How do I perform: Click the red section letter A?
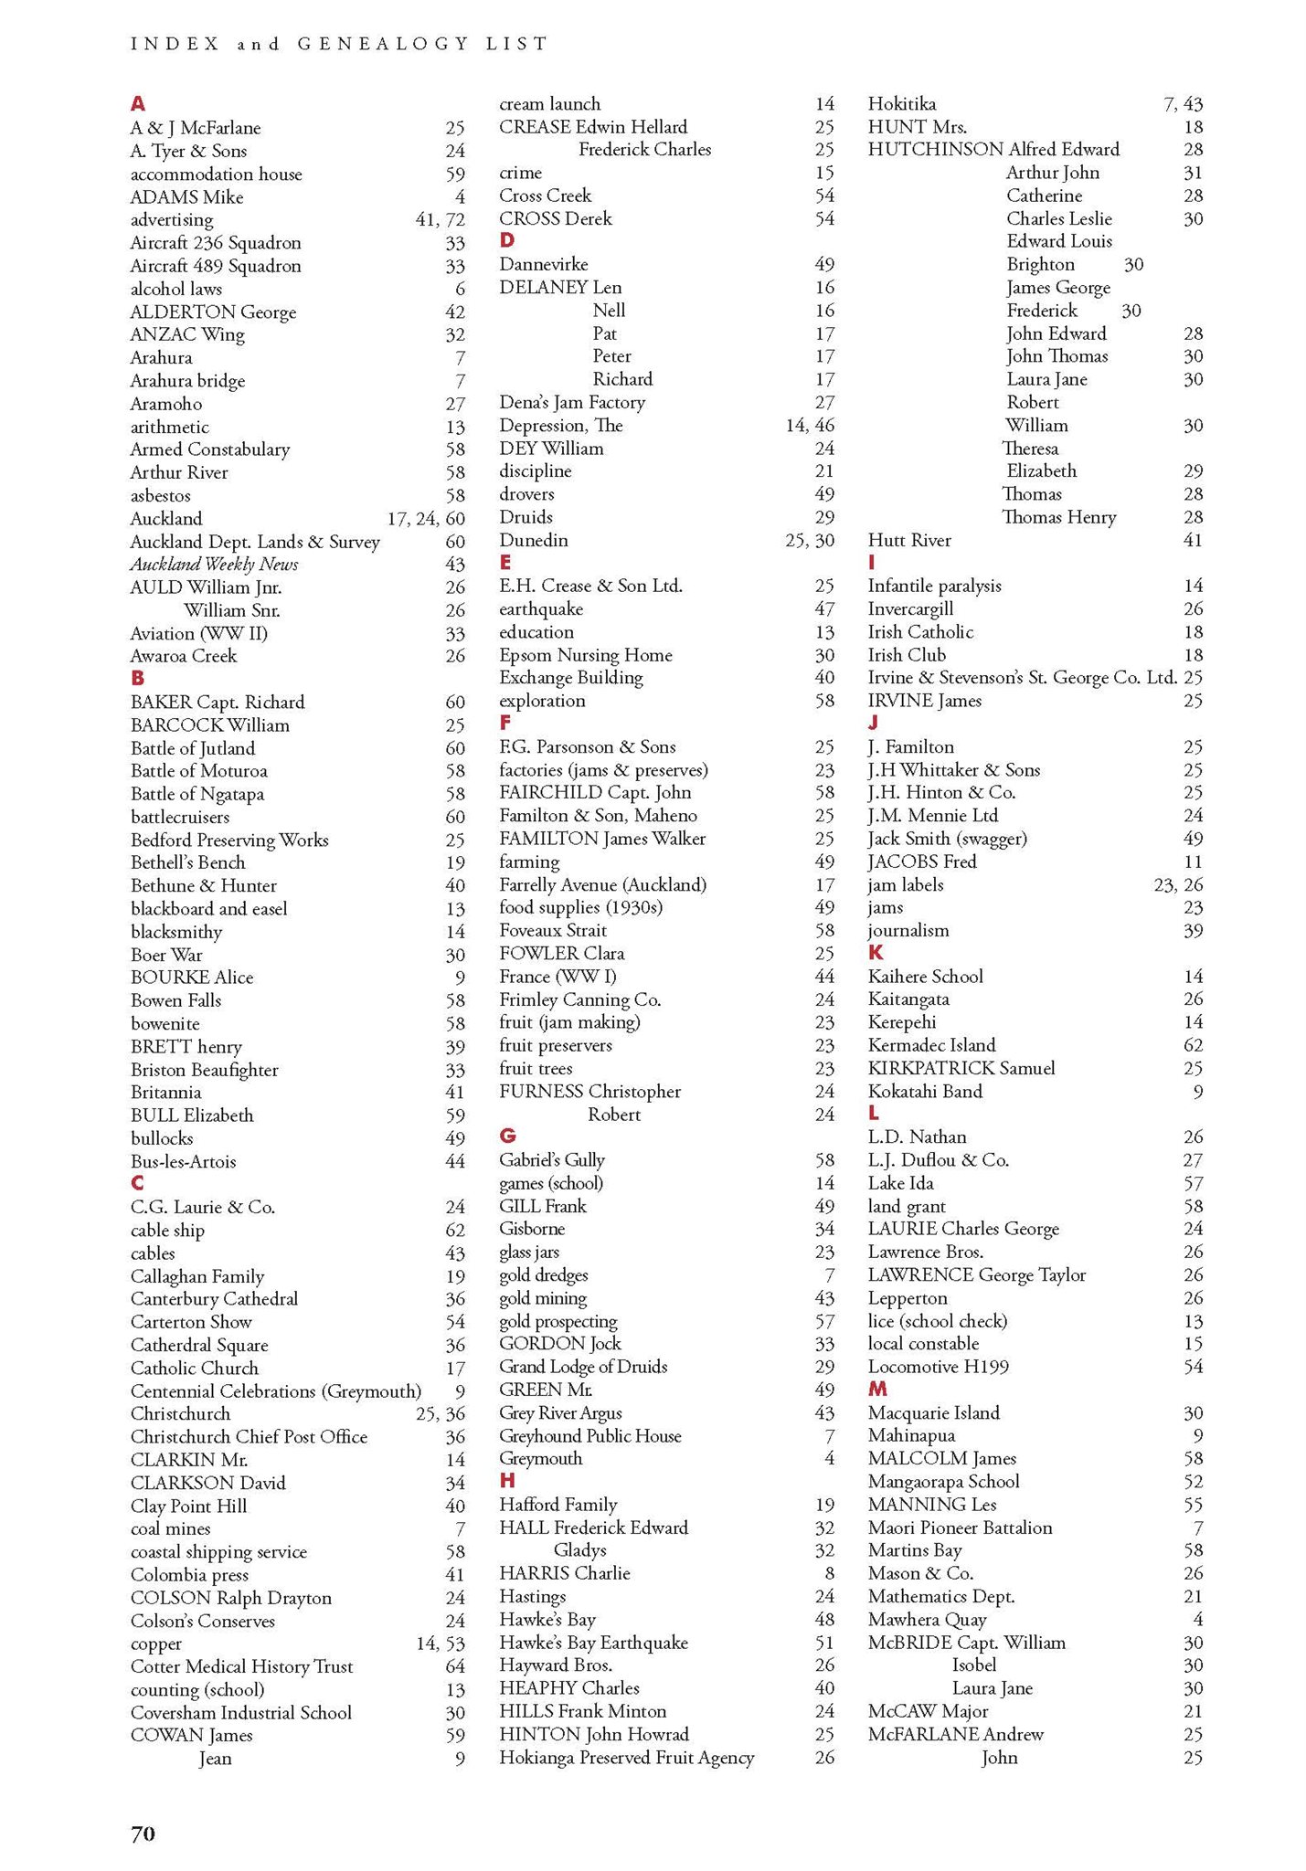138,103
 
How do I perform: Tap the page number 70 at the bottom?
143,1833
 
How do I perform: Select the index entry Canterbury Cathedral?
215,1298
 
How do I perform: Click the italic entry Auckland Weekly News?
215,564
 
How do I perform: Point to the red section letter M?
877,1389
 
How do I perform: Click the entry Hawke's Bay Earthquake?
593,1642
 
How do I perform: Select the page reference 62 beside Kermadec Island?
1193,1044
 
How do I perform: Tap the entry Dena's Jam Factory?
572,402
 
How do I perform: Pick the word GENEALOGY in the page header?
383,43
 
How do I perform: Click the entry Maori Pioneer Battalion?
960,1527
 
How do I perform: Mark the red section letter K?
876,952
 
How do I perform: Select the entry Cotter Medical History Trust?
242,1665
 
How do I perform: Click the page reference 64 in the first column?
454,1666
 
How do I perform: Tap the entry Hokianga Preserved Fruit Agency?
627,1757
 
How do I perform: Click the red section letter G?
507,1136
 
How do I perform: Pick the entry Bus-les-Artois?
184,1161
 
